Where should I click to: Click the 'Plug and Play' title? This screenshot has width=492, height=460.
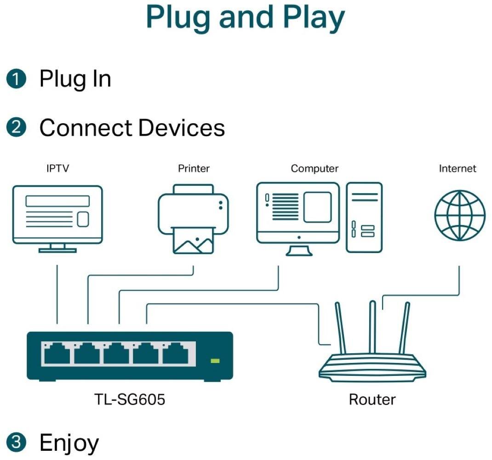pyautogui.click(x=246, y=17)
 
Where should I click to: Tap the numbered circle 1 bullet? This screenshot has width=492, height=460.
pyautogui.click(x=16, y=79)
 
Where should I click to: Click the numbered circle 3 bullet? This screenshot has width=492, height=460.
pyautogui.click(x=16, y=443)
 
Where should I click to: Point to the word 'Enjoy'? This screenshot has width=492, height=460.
pyautogui.click(x=69, y=443)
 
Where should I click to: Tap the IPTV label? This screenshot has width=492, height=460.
pyautogui.click(x=57, y=169)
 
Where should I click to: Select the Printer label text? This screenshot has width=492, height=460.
pyautogui.click(x=194, y=169)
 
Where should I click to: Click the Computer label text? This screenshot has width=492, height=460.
pyautogui.click(x=315, y=169)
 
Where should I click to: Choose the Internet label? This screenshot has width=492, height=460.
pyautogui.click(x=458, y=169)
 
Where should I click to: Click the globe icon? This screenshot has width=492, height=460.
pyautogui.click(x=459, y=215)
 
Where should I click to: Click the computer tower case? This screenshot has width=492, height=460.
pyautogui.click(x=364, y=217)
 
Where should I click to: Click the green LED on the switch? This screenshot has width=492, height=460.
pyautogui.click(x=215, y=360)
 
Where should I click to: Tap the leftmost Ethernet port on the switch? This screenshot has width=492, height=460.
pyautogui.click(x=57, y=355)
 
